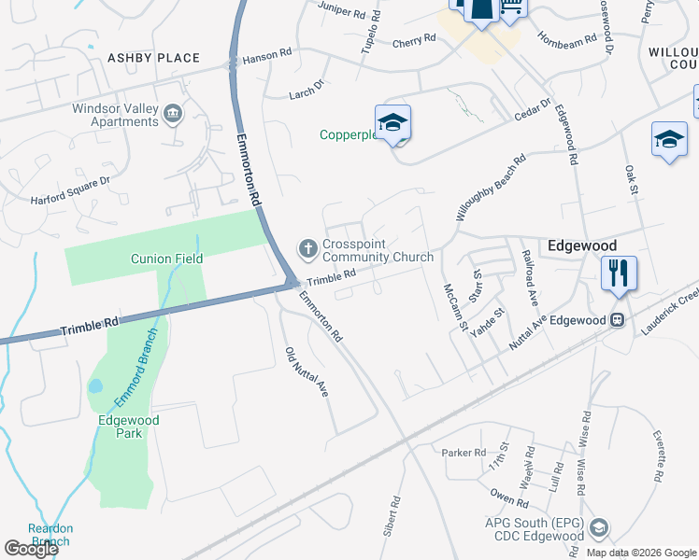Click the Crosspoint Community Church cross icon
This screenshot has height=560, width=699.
307,248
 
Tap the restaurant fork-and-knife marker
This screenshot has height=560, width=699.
619,273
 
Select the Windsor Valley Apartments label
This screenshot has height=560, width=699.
115,115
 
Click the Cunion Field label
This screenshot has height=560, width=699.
168,259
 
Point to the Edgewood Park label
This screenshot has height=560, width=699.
129,427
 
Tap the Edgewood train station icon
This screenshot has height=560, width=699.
617,320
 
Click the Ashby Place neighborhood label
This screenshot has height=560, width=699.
154,58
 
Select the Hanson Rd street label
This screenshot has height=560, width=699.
261,57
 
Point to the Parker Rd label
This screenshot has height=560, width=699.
464,453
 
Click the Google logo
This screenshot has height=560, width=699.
31,549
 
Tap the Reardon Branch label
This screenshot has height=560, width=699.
50,535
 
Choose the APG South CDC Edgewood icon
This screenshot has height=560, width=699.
599,529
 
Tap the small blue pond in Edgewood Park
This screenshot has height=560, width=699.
94,385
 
